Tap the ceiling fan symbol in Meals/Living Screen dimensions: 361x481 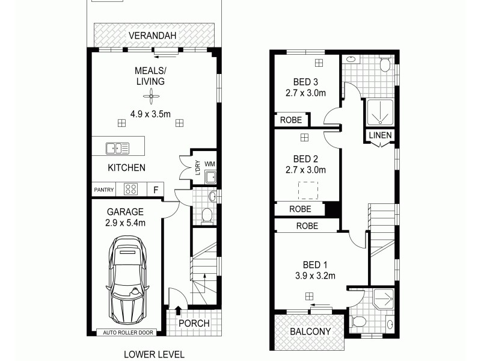150,96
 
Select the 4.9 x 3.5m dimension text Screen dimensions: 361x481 150,113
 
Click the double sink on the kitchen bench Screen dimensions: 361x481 114,147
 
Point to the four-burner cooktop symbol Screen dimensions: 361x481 131,189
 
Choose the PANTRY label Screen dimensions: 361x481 104,190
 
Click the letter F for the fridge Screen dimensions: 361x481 156,190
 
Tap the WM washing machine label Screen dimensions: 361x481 209,163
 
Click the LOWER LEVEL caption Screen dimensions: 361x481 154,354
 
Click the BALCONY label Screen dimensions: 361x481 308,332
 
